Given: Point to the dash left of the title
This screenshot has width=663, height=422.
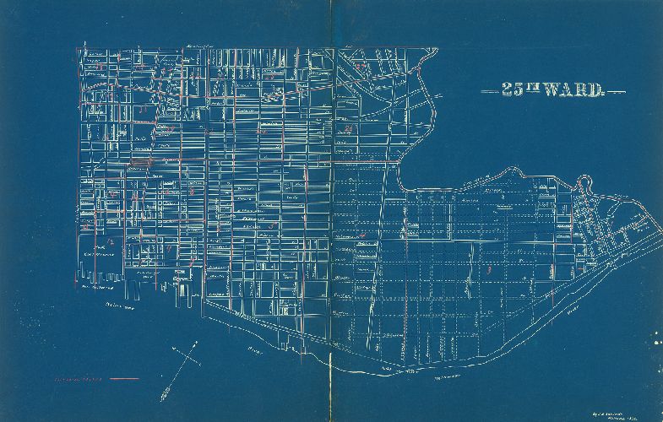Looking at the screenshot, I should pyautogui.click(x=489, y=90).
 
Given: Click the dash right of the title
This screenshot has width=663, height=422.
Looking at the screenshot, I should pyautogui.click(x=617, y=90).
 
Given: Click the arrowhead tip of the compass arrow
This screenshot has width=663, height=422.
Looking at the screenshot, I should pyautogui.click(x=198, y=343).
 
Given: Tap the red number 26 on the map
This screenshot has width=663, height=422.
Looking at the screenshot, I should pyautogui.click(x=347, y=128).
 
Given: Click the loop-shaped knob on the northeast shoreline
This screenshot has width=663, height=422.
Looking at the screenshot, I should pyautogui.click(x=584, y=180).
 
